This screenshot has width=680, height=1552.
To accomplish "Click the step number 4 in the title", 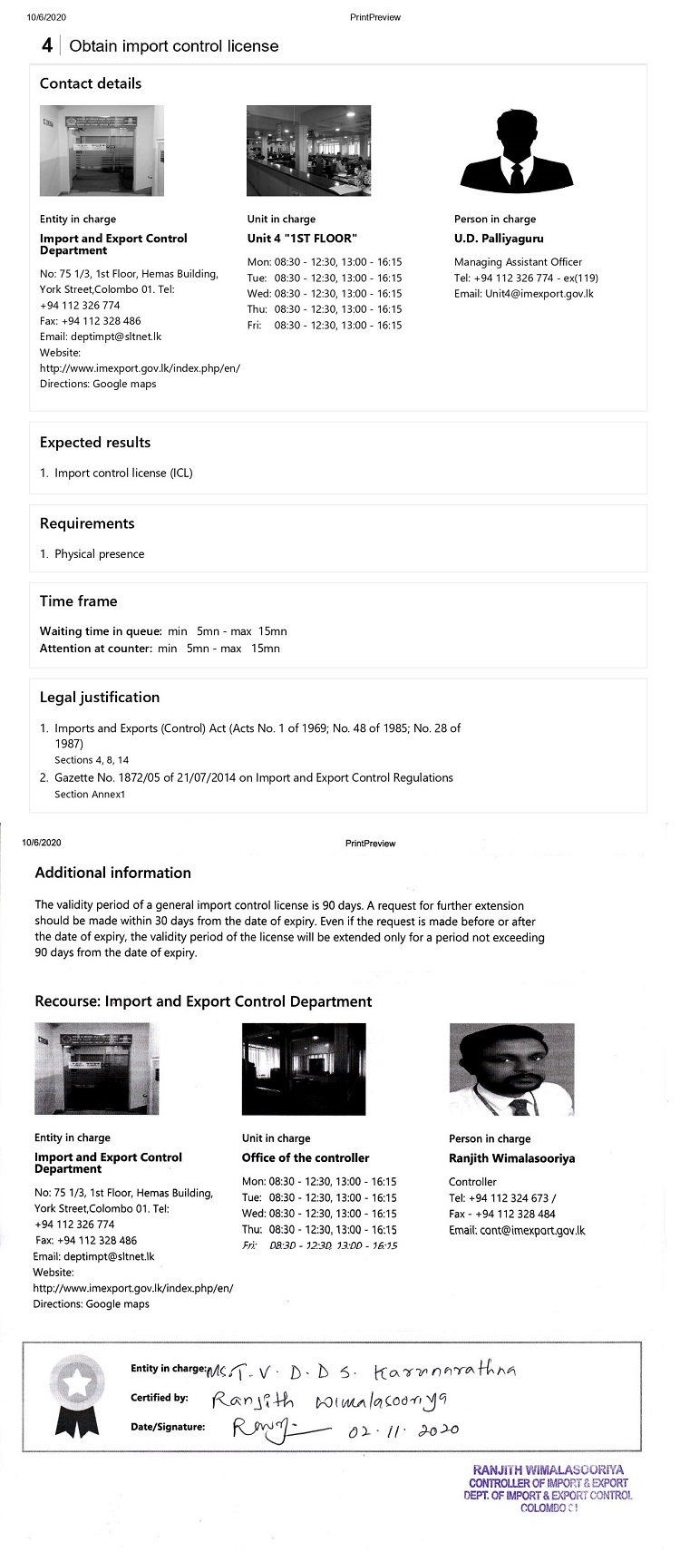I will click(x=47, y=46).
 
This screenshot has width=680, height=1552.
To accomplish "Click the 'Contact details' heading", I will click(x=91, y=83).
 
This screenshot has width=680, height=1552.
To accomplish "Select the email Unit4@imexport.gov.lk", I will click(x=524, y=294).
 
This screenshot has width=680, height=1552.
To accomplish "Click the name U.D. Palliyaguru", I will click(x=499, y=239).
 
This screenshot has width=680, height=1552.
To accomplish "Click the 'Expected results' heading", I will click(x=95, y=443).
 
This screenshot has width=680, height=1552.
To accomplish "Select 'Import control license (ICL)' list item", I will click(x=123, y=473).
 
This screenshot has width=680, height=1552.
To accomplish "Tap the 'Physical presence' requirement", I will click(x=99, y=554).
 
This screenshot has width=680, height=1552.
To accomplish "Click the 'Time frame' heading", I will click(x=78, y=601).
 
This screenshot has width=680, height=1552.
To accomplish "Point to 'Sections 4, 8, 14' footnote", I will click(x=92, y=760).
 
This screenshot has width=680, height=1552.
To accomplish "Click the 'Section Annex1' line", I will click(x=90, y=795).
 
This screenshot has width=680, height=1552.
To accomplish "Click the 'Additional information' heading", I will click(x=112, y=873).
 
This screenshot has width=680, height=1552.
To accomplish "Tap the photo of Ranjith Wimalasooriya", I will click(x=511, y=1069).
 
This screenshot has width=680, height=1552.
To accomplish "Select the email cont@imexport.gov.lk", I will click(x=517, y=1231).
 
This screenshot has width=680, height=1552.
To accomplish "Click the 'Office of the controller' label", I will click(x=306, y=1158).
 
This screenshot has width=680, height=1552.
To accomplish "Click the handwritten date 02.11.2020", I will click(x=403, y=1430).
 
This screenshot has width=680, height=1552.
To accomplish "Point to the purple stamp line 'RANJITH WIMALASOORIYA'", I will click(x=548, y=1470).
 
